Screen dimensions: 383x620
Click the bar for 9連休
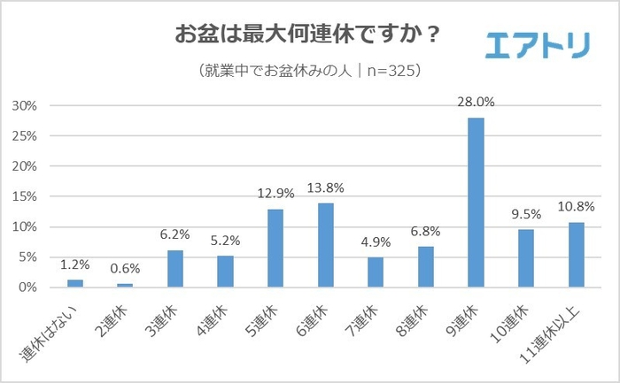[x=476, y=203]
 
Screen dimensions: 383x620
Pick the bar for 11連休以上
[x=576, y=255]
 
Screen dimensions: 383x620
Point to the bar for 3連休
[x=174, y=269]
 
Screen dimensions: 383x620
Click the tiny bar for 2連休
[x=125, y=285]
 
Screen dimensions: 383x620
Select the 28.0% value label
[x=477, y=103]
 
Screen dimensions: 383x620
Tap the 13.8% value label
[x=326, y=188]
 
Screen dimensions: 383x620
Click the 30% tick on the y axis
[x=24, y=106]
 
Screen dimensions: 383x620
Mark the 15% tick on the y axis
[x=24, y=196]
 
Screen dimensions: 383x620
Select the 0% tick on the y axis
[x=27, y=287]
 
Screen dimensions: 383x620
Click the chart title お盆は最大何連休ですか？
[x=308, y=37]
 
